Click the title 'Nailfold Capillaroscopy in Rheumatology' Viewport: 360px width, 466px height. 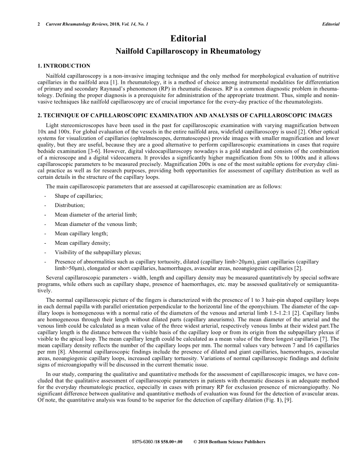click(x=188, y=52)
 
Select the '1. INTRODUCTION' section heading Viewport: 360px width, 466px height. click(x=64, y=66)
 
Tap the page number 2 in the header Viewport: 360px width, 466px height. click(x=39, y=24)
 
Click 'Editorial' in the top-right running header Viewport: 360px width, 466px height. click(x=330, y=24)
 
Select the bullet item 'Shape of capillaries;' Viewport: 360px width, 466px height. click(x=79, y=195)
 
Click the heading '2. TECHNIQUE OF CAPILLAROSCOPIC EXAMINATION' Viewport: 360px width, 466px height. click(x=132, y=115)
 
